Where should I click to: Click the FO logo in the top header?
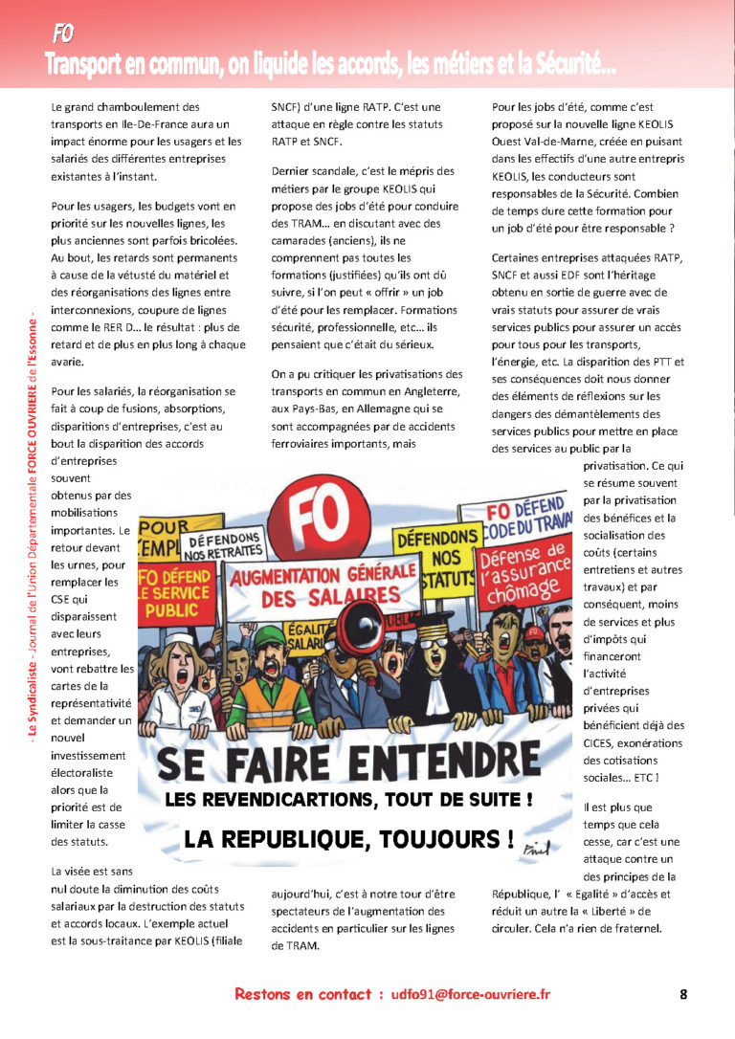pos(63,35)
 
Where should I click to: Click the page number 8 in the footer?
pos(683,994)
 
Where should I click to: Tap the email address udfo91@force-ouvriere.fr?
pos(471,994)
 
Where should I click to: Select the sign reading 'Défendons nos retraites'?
pos(223,546)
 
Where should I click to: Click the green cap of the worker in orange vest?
pos(269,636)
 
